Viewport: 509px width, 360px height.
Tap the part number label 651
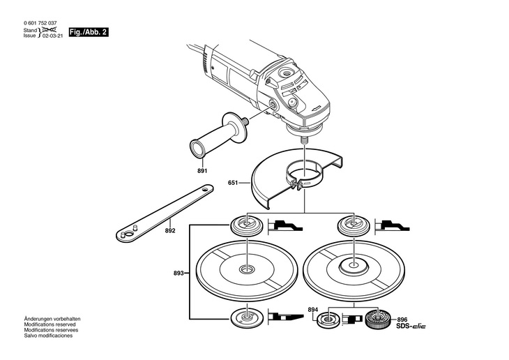tap(233, 183)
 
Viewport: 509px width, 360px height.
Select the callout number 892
tap(169, 230)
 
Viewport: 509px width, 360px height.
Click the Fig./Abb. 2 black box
tap(89, 33)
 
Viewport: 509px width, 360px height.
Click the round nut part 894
tap(326, 322)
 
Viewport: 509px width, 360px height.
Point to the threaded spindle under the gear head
tap(304, 137)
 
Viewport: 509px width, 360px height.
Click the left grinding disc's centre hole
tap(247, 269)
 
